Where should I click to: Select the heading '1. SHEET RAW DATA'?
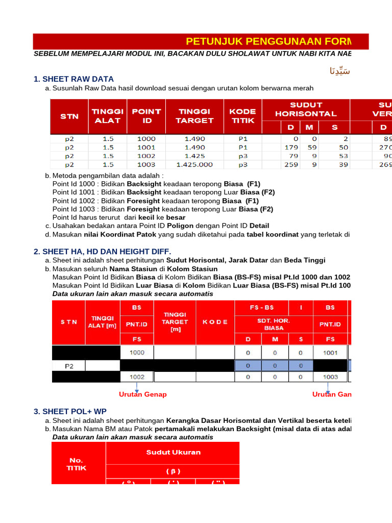(73, 79)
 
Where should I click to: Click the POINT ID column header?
(146, 116)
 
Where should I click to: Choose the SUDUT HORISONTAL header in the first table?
(306, 109)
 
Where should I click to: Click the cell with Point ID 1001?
(146, 147)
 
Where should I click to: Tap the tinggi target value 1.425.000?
(194, 164)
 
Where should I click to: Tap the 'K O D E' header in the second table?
(215, 322)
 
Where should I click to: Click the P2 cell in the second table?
(68, 366)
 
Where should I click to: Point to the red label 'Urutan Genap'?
(142, 394)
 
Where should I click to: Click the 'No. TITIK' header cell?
(78, 463)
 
